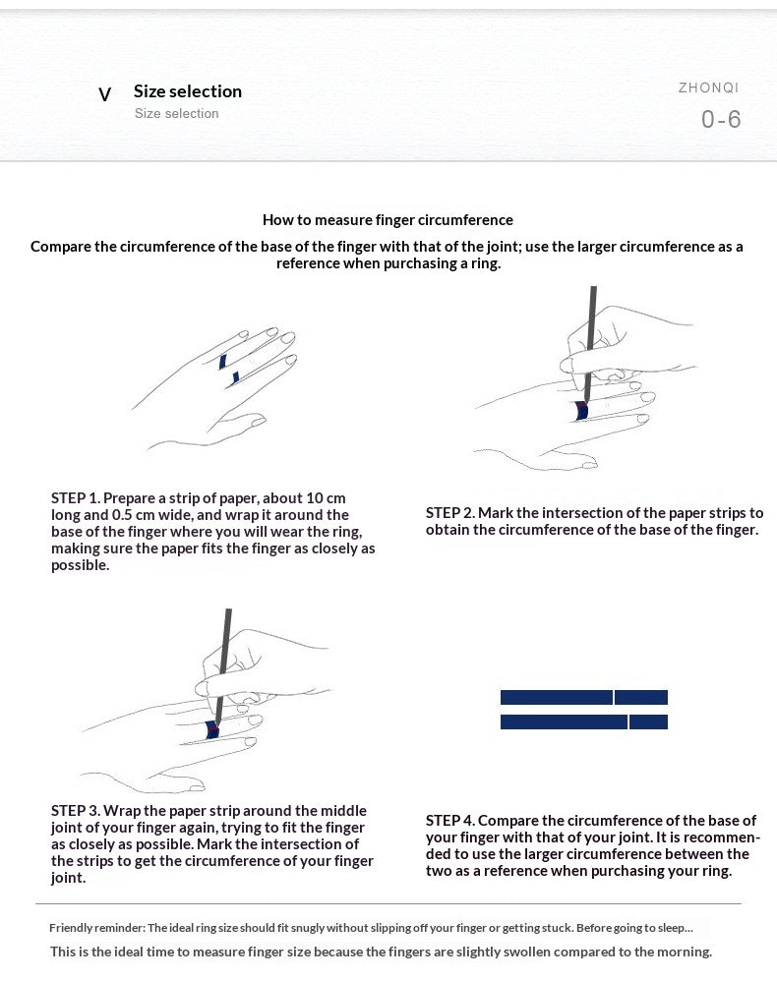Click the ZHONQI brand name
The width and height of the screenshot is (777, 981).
(x=708, y=87)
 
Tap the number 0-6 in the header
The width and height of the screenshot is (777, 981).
(x=721, y=119)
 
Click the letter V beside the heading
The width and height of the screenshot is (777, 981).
(x=105, y=94)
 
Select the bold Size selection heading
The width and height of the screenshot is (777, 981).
(x=188, y=91)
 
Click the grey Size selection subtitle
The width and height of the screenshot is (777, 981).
(x=177, y=113)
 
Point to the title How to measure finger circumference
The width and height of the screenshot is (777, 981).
(x=388, y=220)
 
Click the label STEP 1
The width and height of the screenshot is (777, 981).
(x=76, y=498)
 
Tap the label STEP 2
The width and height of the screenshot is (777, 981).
(x=450, y=513)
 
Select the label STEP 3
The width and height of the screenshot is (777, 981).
(x=76, y=811)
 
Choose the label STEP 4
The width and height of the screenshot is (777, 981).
(x=450, y=821)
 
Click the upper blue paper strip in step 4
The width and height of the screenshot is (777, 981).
(x=584, y=697)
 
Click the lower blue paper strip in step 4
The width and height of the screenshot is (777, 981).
(x=584, y=721)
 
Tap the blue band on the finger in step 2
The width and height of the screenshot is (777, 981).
(x=581, y=411)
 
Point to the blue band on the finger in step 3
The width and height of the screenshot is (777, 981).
(x=212, y=729)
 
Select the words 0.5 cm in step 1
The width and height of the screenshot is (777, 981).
(x=134, y=515)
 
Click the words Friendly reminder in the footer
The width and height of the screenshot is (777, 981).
(x=97, y=928)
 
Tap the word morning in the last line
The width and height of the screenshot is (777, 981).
(x=687, y=952)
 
